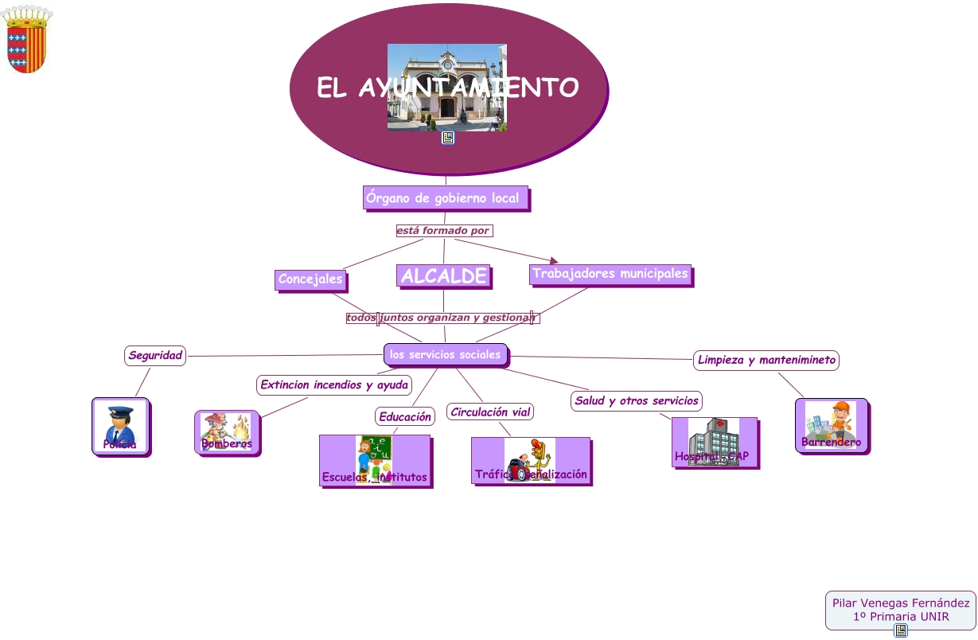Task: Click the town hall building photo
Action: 446,87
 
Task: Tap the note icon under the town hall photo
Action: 448,138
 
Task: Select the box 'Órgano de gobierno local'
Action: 445,198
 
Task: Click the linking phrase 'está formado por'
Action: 443,231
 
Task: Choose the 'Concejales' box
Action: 310,279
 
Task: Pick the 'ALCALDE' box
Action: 443,276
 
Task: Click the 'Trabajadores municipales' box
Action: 610,274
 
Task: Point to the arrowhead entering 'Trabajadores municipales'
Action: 554,260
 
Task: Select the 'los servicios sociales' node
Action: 446,354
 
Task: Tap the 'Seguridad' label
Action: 155,356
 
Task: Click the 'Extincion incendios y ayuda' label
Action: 334,385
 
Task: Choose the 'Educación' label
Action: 405,416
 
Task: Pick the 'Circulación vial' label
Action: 490,412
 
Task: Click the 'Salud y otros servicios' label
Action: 637,400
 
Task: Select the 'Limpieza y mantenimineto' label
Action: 766,361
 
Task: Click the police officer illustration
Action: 120,425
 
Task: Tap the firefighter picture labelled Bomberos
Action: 227,431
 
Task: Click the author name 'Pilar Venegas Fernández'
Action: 901,603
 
